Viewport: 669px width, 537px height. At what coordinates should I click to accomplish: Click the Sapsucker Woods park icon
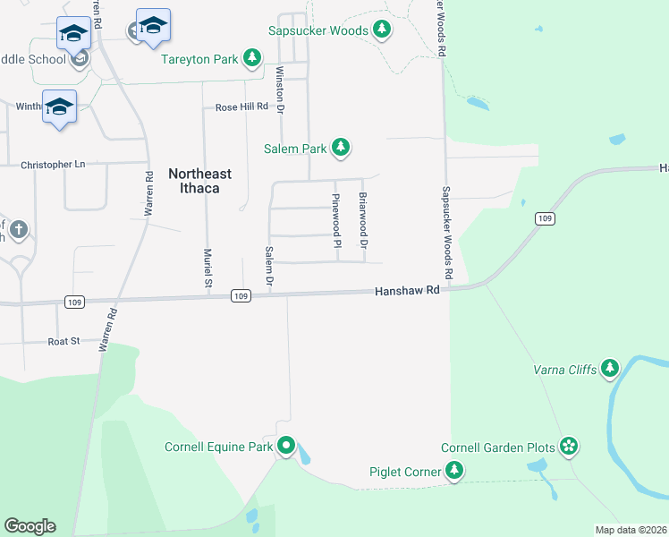tap(382, 30)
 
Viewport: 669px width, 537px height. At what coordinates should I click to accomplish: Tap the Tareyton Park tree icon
tap(253, 59)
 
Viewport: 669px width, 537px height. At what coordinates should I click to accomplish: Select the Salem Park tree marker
tap(340, 148)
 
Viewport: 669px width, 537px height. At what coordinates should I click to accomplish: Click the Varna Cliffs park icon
tap(610, 368)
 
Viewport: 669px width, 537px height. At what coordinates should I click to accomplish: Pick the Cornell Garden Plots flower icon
tap(569, 447)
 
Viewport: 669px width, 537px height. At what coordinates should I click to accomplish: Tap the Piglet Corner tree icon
tap(454, 471)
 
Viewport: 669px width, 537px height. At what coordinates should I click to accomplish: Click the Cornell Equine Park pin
tap(286, 445)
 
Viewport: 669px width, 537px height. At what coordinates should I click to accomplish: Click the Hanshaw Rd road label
tap(408, 291)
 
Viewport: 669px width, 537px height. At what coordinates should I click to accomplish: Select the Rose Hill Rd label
tap(241, 107)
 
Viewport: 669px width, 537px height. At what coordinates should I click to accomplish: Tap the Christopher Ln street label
tap(53, 165)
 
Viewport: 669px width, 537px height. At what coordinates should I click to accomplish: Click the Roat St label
tap(64, 341)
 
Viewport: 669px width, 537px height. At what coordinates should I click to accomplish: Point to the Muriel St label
tap(207, 268)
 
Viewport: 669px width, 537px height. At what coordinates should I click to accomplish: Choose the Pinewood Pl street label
tap(337, 221)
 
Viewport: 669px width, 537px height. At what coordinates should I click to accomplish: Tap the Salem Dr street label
tap(268, 268)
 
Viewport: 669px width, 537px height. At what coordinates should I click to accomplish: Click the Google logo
tap(30, 526)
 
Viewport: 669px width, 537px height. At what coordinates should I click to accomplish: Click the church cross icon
tap(17, 230)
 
